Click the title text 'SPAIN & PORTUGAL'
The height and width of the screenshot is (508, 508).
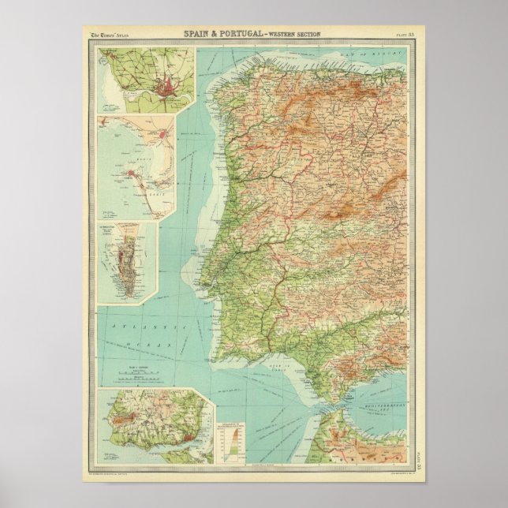(222, 34)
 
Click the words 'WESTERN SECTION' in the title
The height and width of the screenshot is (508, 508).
(291, 35)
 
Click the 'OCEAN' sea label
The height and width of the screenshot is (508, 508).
(132, 345)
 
